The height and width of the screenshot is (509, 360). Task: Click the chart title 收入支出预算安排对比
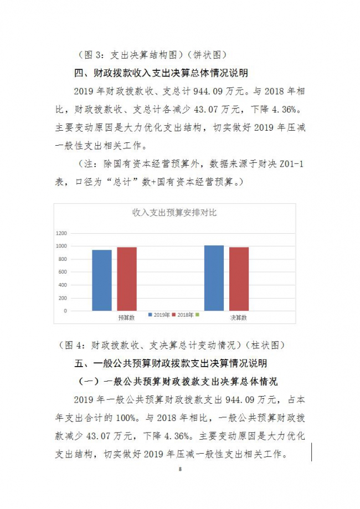point(174,212)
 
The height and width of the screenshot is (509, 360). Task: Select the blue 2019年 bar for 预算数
point(101,280)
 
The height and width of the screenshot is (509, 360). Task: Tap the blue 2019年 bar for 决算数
point(214,278)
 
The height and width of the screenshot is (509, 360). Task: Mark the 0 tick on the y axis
point(65,311)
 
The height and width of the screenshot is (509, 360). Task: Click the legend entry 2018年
point(184,315)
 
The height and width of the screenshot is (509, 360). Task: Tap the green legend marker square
point(197,315)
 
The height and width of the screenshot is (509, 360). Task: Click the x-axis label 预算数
point(127,318)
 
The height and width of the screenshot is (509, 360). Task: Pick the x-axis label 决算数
point(239,318)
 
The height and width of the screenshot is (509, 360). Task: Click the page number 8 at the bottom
point(180,469)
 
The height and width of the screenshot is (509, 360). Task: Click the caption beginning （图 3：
point(148,55)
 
